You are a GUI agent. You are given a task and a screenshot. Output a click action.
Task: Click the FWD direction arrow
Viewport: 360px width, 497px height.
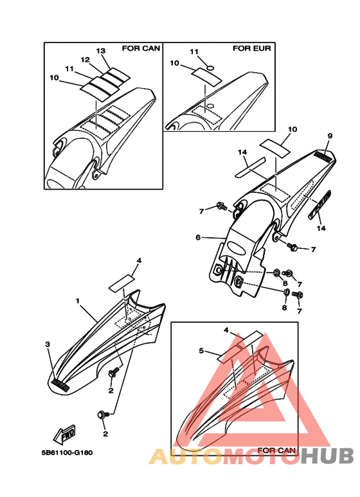click(64, 434)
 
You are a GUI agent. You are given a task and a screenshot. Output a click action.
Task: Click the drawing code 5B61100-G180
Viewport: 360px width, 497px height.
click(67, 453)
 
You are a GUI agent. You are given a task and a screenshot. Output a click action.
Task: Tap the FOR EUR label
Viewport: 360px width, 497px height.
click(252, 48)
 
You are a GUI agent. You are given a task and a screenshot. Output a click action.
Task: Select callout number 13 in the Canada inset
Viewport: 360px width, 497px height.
click(101, 51)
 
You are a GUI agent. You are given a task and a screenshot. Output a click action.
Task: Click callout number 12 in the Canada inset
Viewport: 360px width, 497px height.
click(85, 60)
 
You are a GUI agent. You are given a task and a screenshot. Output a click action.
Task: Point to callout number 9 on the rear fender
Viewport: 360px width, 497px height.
click(330, 136)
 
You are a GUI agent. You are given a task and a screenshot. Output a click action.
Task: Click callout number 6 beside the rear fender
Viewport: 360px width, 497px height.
click(198, 237)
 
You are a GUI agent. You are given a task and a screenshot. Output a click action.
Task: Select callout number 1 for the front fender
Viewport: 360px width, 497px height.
click(78, 300)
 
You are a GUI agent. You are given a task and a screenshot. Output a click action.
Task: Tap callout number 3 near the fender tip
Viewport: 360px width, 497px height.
click(48, 344)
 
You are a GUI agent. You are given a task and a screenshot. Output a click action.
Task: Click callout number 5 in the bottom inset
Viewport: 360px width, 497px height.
click(201, 350)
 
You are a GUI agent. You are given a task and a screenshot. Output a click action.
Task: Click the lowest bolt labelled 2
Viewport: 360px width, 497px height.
click(103, 415)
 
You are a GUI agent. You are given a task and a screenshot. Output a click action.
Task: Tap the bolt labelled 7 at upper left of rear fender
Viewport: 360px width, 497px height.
click(222, 206)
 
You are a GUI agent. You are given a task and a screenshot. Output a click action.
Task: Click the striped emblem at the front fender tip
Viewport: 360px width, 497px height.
click(60, 384)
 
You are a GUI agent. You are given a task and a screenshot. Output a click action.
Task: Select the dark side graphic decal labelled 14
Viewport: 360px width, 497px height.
click(320, 204)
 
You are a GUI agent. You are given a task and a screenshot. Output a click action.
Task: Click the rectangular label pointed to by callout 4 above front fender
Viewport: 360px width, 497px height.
click(122, 283)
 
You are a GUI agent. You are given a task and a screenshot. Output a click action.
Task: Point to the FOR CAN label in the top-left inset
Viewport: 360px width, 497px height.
click(141, 48)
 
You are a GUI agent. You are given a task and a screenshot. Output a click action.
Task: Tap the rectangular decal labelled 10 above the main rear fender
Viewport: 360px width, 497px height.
click(274, 148)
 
